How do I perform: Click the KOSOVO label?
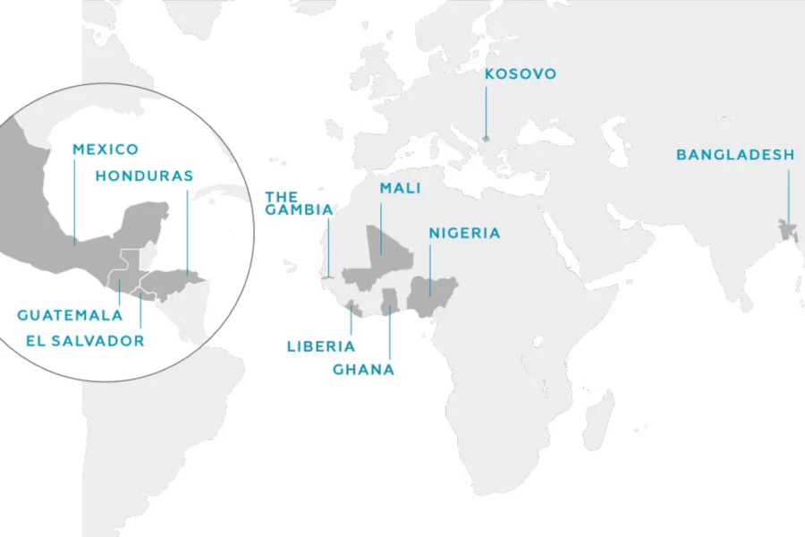click(x=520, y=74)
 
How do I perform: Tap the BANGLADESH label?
click(x=734, y=155)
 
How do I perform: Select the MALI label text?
click(x=400, y=189)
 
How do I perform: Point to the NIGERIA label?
click(x=464, y=234)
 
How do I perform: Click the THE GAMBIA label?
click(x=299, y=203)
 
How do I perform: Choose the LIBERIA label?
click(x=320, y=346)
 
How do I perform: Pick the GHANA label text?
click(x=363, y=370)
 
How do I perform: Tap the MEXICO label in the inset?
click(x=106, y=149)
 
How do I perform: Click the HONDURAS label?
click(x=144, y=175)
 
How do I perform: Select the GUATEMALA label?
click(x=70, y=315)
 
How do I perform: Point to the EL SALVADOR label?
click(x=85, y=341)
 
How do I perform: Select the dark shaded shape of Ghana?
click(x=389, y=302)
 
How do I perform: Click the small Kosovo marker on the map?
click(x=486, y=139)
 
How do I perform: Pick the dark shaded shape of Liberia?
click(x=352, y=310)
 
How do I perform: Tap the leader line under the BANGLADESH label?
click(x=789, y=192)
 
